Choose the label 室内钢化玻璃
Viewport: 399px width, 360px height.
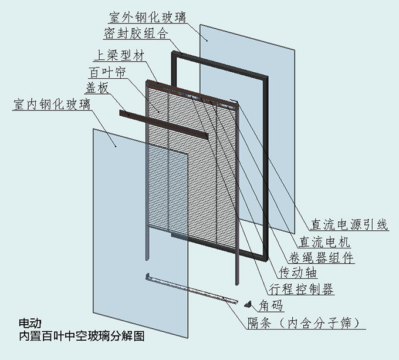pos(52,105)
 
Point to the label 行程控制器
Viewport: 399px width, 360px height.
pos(300,288)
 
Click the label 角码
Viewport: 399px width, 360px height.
pos(270,305)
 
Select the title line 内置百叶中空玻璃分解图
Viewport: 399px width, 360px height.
pos(81,337)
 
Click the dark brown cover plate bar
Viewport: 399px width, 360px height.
pos(164,124)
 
